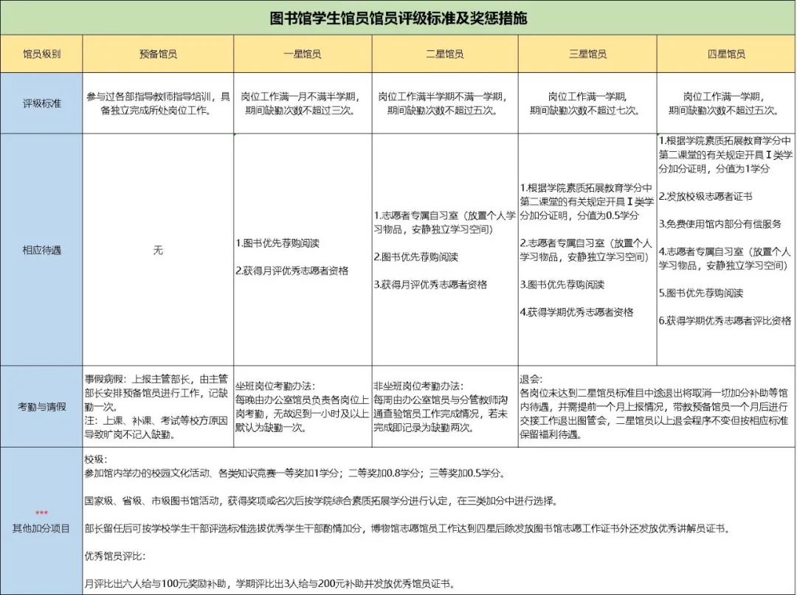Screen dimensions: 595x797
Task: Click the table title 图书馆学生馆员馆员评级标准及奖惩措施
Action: click(x=398, y=18)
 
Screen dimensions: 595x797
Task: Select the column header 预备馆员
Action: click(x=157, y=54)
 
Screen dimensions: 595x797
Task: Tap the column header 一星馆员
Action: click(x=302, y=54)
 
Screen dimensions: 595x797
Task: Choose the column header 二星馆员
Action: click(x=445, y=54)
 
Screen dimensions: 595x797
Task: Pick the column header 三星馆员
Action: click(x=587, y=54)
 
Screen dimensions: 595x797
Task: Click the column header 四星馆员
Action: click(x=726, y=54)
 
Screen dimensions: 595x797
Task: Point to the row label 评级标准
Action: click(x=41, y=103)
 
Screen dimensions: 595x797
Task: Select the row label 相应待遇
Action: click(x=41, y=250)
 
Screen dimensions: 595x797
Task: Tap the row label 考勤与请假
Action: click(x=41, y=406)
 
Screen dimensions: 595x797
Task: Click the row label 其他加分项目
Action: click(x=41, y=527)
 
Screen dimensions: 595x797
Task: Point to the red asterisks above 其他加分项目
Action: click(x=41, y=513)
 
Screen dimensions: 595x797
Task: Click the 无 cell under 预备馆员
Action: click(x=157, y=250)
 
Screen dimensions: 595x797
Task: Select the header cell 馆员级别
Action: click(x=41, y=54)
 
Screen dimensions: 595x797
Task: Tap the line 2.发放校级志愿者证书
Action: click(x=705, y=196)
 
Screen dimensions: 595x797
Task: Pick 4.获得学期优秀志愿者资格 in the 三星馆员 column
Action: click(x=576, y=312)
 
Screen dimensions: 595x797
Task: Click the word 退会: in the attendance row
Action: click(x=531, y=379)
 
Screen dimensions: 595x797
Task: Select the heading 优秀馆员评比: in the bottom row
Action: click(x=115, y=554)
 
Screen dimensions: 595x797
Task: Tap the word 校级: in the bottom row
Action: click(x=97, y=458)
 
